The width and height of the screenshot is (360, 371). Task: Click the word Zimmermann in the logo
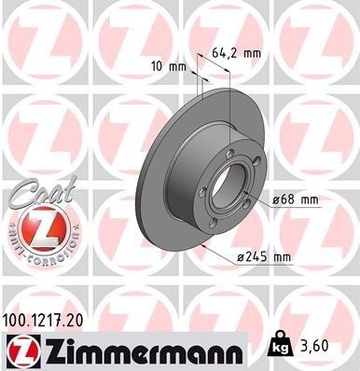[x=137, y=350]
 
